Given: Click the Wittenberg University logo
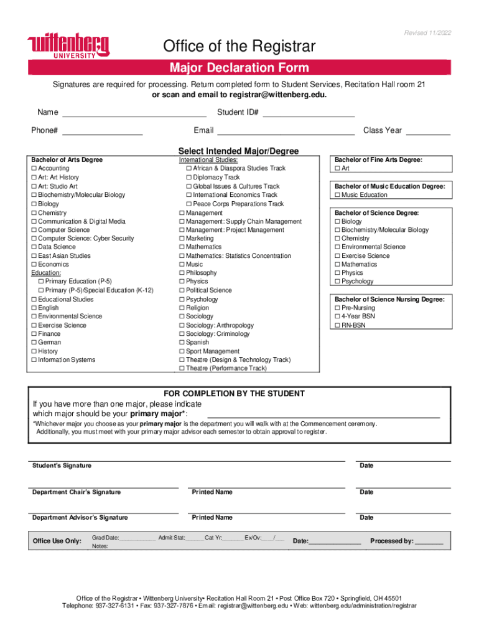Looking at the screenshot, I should (x=68, y=46).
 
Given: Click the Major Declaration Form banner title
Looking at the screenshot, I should (x=240, y=68).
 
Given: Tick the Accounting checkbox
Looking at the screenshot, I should (x=34, y=169).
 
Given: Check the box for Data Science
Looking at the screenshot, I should (x=34, y=247).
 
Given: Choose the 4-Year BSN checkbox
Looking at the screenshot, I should (x=338, y=317).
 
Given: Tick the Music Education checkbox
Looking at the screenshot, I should (x=338, y=195).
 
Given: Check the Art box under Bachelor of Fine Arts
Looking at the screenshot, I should (x=338, y=169).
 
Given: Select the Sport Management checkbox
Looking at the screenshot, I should (x=182, y=351).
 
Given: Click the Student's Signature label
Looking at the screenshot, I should (x=62, y=466).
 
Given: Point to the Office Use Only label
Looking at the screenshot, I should (x=57, y=541).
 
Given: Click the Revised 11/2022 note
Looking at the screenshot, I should (x=428, y=33).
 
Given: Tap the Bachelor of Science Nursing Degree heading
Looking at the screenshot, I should (x=389, y=300).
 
